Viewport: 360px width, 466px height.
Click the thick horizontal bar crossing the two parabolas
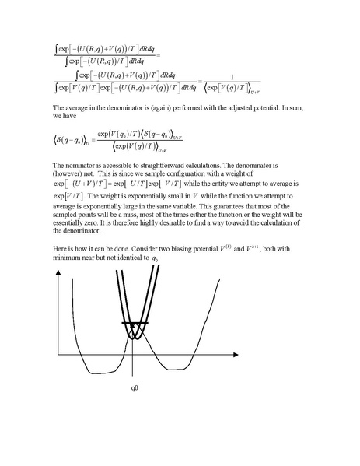133,322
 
